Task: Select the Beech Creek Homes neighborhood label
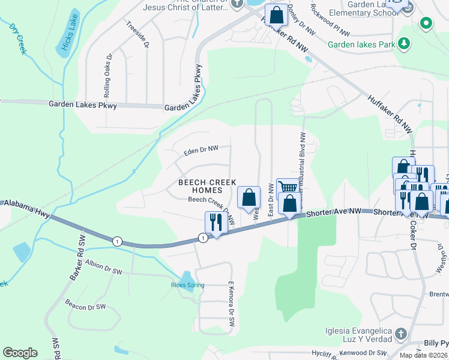207,186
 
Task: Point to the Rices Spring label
188,285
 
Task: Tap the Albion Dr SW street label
104,268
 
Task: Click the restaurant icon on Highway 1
214,222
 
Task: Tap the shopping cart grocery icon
287,189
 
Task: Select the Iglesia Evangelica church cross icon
401,333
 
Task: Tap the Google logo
20,353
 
